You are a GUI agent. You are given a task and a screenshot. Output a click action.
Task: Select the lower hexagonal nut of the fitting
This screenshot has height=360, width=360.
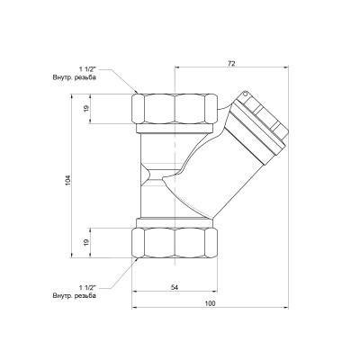(175, 241)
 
